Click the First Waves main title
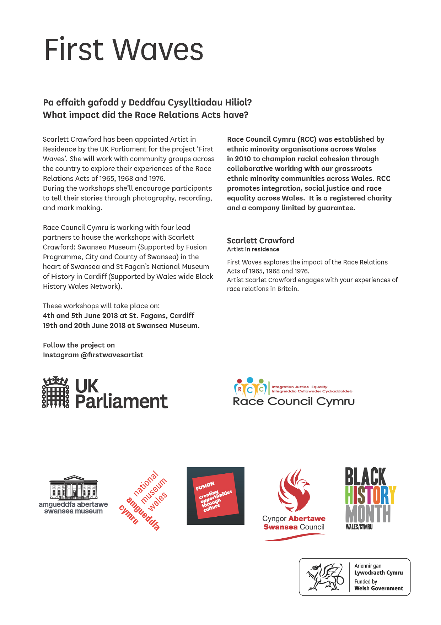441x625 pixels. pos(123,49)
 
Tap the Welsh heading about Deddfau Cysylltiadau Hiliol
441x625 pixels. pos(147,103)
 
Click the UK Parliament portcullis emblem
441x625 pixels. pos(56,392)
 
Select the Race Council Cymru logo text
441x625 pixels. pos(294,402)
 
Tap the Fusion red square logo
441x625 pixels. pos(215,496)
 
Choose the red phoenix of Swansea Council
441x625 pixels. pos(294,490)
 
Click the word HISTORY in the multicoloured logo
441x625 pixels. pos(370,495)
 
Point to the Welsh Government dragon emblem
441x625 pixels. pos(324,577)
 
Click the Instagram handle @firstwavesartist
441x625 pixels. pos(112,355)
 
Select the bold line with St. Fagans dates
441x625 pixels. pos(118,316)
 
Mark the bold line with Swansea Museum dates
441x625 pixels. pos(121,326)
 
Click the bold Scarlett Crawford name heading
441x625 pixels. pos(260,240)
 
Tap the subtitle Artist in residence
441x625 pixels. pos(253,249)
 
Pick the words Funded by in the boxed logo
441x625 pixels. pos(366,582)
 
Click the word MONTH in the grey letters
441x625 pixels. pos(368,514)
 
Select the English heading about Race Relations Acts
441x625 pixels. pos(145,115)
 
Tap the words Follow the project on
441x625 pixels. pos(79,345)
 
